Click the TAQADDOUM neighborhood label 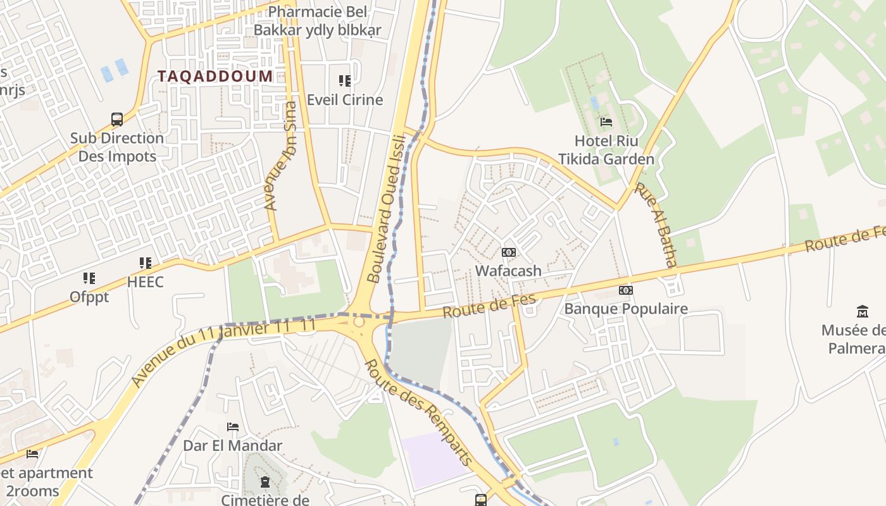(215, 77)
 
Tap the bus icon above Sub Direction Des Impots (117, 119)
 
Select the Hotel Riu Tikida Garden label (606, 150)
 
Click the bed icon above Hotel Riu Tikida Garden (606, 121)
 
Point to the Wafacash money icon (508, 252)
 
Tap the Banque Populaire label (625, 309)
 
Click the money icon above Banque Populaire (626, 290)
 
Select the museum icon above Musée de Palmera (862, 311)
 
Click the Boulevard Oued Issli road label (385, 209)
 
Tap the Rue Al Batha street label (657, 225)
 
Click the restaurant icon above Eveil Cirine (345, 81)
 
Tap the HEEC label (145, 282)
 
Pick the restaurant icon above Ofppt (89, 278)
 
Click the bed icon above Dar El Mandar (233, 427)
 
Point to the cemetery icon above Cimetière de (265, 483)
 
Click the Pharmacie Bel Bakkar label (317, 21)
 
